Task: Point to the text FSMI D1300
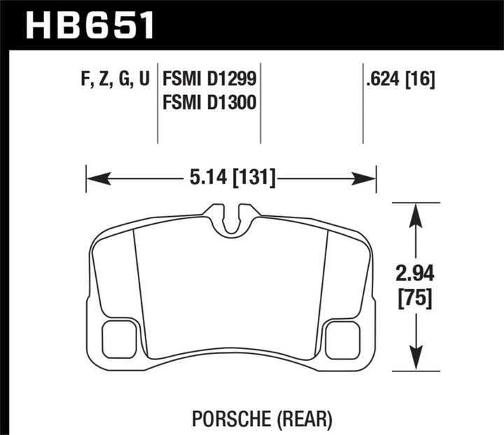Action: (208, 104)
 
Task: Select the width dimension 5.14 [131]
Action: (231, 178)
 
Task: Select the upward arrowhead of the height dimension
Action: (417, 211)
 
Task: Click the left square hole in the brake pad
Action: (119, 338)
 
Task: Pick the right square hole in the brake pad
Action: (343, 338)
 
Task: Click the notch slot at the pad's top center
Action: (232, 218)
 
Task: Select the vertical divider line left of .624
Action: (363, 105)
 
